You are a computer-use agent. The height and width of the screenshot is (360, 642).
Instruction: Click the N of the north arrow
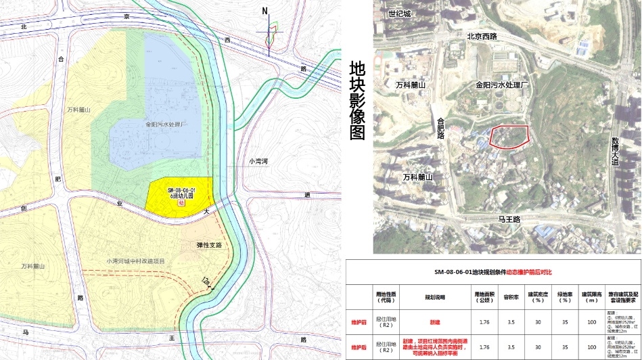coord(266,10)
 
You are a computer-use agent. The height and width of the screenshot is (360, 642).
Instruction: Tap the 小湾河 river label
coord(258,162)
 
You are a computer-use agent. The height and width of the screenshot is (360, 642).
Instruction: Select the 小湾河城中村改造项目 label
coord(135,261)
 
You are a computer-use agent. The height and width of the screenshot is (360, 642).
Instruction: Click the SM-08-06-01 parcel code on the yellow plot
coord(181,189)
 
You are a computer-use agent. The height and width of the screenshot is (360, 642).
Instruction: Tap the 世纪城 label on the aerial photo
coord(400,14)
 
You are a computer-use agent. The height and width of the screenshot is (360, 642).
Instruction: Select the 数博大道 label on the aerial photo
coord(615,150)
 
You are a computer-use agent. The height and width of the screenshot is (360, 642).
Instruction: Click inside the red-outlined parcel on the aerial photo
coord(509,136)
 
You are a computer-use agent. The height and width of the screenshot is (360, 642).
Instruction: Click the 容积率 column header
coord(511,295)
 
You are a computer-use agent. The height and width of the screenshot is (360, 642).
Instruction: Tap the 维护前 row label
coord(359,322)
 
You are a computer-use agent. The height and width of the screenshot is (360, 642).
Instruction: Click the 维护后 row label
coord(359,347)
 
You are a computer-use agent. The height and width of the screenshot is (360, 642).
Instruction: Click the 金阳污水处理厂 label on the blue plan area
coord(165,125)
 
